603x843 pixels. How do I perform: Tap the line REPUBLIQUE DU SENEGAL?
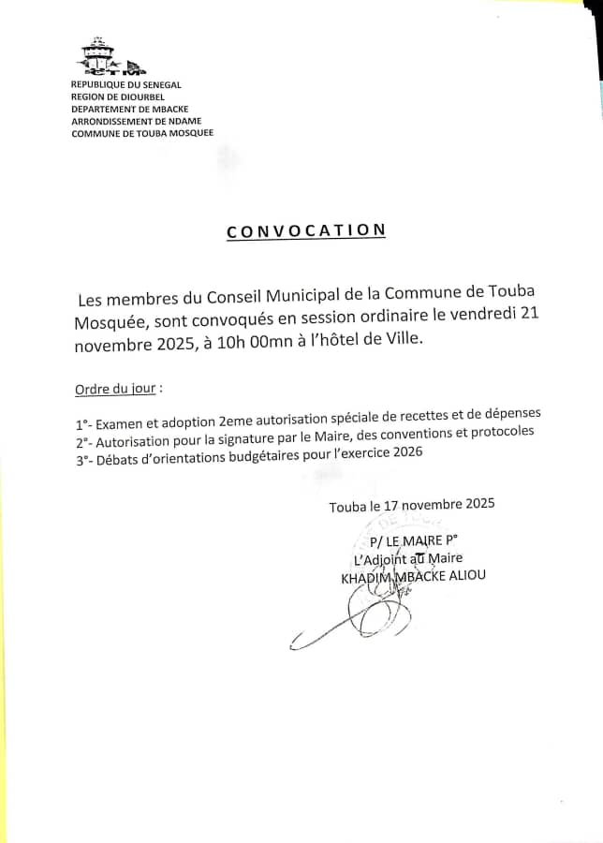(125, 85)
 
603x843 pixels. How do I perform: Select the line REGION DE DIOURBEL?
(118, 96)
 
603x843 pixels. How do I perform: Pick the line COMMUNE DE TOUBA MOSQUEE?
(141, 133)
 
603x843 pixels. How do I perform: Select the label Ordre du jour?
(114, 388)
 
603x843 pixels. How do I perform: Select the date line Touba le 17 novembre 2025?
(411, 505)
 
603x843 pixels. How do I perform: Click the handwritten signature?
(360, 618)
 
